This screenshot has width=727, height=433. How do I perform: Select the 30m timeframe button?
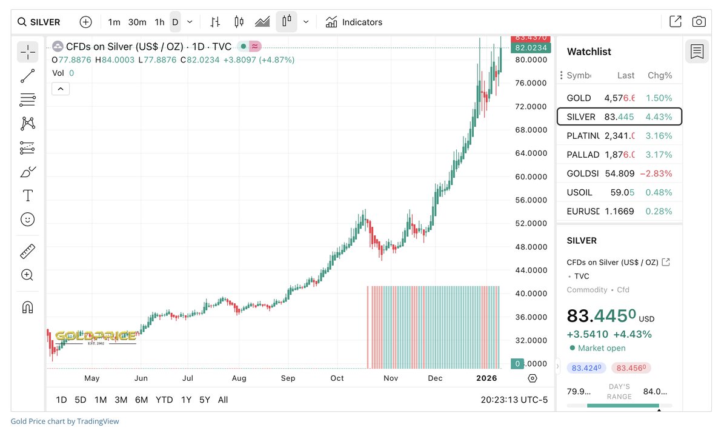(137, 22)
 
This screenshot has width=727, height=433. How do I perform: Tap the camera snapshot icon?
(699, 22)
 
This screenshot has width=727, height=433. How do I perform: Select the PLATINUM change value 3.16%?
(659, 136)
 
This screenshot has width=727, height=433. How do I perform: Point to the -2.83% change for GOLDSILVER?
(656, 173)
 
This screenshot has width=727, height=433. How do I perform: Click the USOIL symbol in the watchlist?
(580, 192)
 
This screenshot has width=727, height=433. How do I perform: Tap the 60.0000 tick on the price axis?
(531, 177)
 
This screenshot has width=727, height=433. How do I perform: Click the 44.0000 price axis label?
(531, 270)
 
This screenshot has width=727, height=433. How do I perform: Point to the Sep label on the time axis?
(288, 378)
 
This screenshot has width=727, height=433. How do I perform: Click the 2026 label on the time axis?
(486, 378)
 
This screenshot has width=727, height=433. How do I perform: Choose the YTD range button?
(164, 400)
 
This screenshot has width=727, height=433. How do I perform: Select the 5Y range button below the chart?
(205, 400)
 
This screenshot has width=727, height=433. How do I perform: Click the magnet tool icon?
(27, 307)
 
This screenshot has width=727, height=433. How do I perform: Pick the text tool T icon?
(27, 195)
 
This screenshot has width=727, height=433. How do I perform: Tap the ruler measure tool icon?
(27, 251)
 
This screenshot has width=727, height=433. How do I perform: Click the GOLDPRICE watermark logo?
(95, 337)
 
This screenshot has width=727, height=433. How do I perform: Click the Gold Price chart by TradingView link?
(65, 421)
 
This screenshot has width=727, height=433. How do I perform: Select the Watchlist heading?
(589, 52)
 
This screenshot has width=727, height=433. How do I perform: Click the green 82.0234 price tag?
(531, 48)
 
